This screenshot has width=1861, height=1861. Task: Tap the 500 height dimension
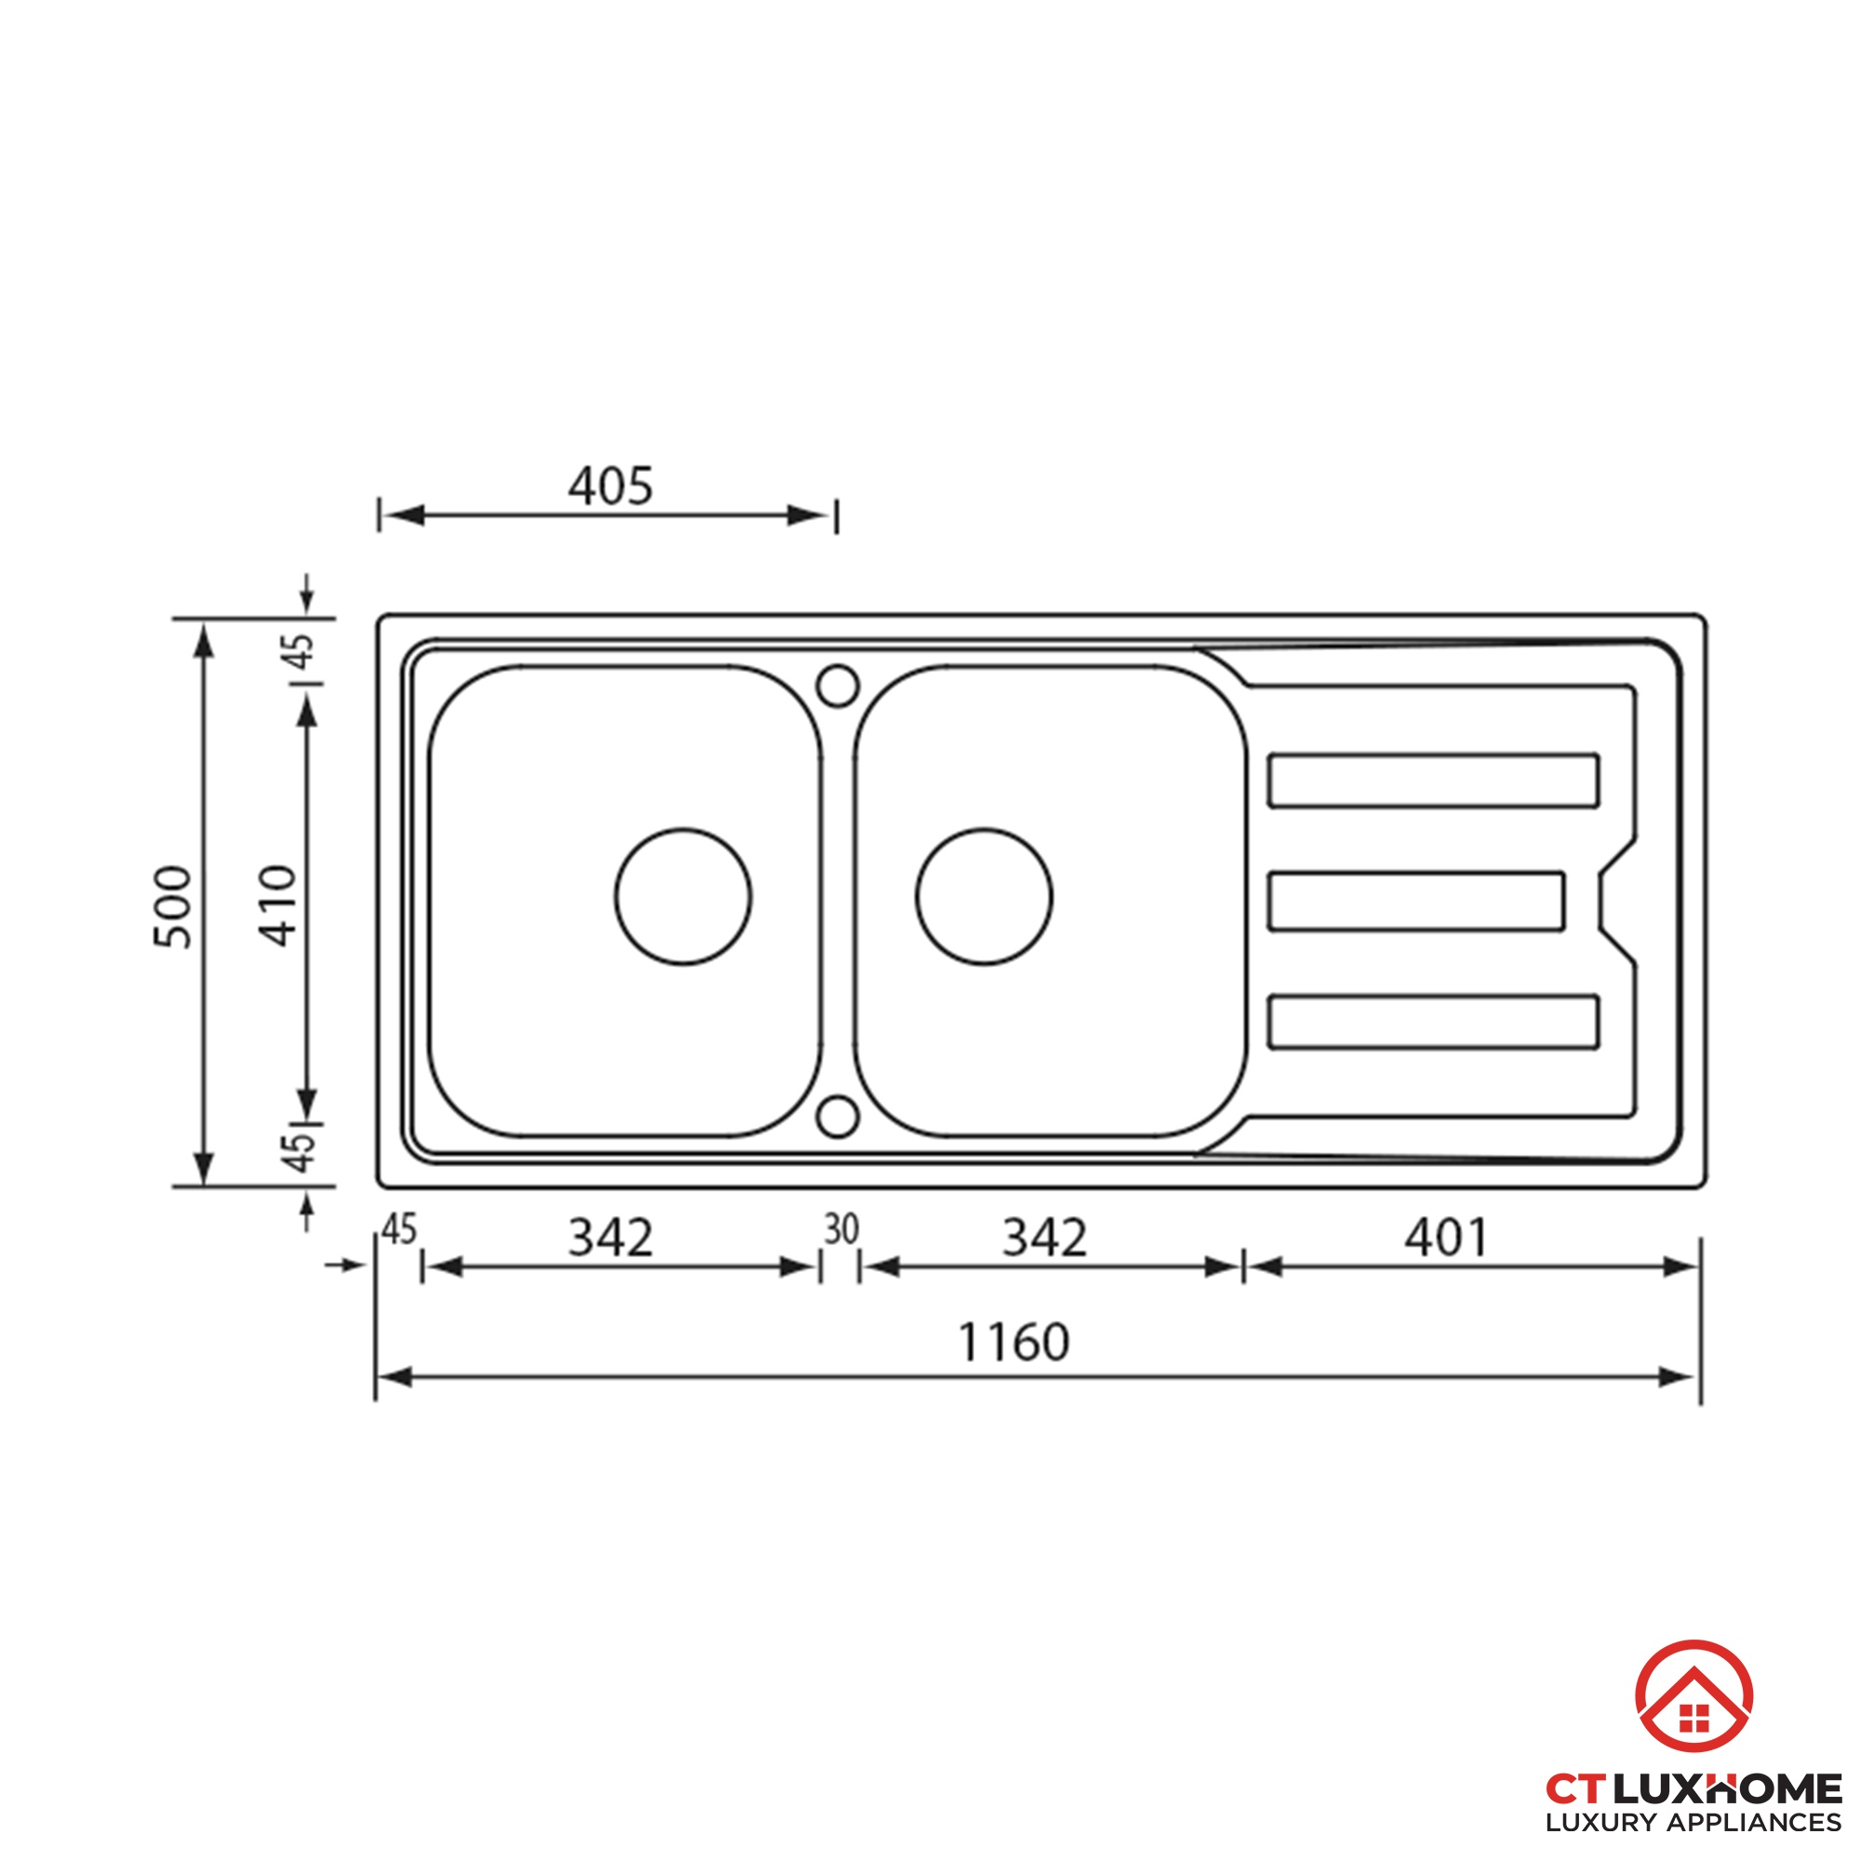174,906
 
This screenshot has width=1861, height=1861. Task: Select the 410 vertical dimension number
277,905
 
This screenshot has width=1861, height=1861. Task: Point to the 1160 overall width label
1013,1342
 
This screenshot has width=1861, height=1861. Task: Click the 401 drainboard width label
1445,1238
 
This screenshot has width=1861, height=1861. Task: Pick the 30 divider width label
841,1229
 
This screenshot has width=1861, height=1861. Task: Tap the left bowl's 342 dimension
610,1238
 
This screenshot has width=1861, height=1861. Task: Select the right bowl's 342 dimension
1045,1238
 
